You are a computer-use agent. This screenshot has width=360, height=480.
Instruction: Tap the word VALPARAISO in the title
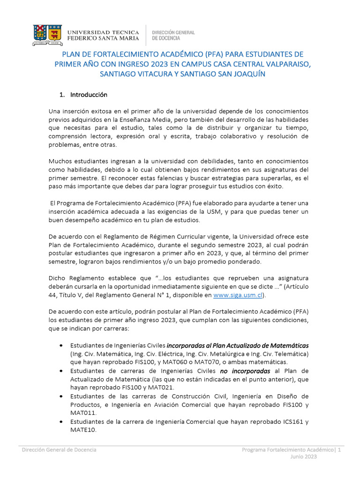[x=284, y=64]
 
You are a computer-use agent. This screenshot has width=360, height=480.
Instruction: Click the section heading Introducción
[x=89, y=95]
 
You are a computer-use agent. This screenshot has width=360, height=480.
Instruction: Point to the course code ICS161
[x=294, y=422]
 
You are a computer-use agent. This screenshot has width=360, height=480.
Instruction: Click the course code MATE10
[x=83, y=430]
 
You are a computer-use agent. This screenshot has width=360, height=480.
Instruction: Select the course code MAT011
[x=83, y=413]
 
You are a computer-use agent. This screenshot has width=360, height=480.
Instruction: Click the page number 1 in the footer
[x=339, y=450]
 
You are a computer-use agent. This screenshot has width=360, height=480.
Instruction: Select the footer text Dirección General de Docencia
[x=60, y=450]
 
